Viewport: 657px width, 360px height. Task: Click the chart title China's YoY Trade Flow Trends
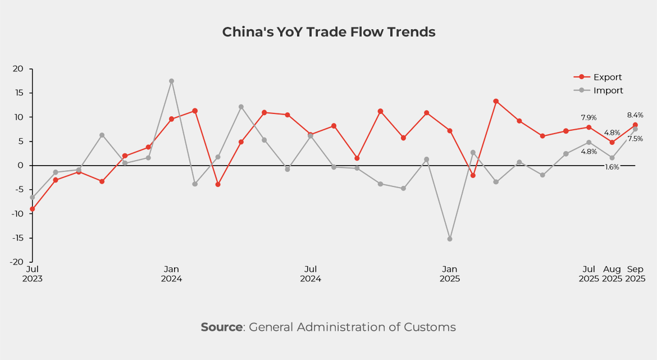(x=328, y=32)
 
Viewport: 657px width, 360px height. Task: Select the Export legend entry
(x=607, y=78)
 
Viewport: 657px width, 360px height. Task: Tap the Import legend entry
(x=608, y=90)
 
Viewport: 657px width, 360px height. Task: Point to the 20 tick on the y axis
(x=19, y=69)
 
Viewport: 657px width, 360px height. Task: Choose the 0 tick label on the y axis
(x=21, y=166)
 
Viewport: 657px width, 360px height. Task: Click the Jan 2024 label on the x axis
(x=171, y=274)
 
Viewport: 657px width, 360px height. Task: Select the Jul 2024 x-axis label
(x=311, y=274)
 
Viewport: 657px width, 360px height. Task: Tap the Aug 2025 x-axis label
(x=612, y=274)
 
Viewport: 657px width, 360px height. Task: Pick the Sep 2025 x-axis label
(x=635, y=274)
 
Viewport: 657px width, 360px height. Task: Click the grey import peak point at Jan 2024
(x=171, y=81)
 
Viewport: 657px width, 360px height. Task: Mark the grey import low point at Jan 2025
(x=450, y=239)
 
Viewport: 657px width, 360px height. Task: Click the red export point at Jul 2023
(x=33, y=209)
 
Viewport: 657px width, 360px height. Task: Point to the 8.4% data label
(x=635, y=115)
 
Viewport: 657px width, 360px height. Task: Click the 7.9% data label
(x=588, y=118)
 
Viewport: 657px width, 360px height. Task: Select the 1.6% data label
(x=612, y=167)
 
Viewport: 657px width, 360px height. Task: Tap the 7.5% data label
(x=635, y=139)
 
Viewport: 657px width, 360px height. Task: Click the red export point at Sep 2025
(x=635, y=125)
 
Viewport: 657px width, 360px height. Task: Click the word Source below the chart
(x=221, y=327)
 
